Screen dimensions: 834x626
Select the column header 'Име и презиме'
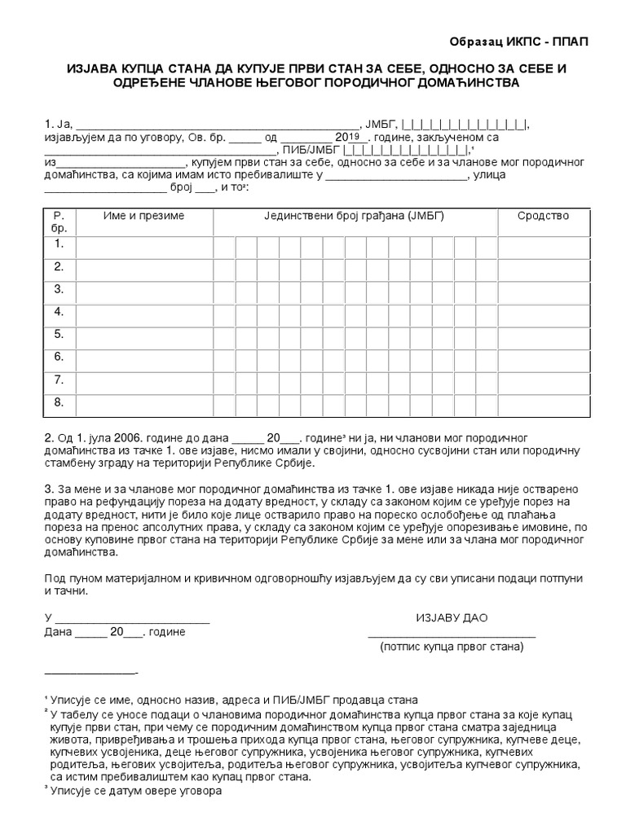[x=143, y=216]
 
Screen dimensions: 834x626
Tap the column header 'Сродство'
[x=543, y=216]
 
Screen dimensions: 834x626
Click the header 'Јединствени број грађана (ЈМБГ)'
[x=354, y=216]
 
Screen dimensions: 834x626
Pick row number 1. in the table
[x=59, y=244]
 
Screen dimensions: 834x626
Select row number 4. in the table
[x=59, y=312]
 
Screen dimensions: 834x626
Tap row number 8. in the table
[x=59, y=402]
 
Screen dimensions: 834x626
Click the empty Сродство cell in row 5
[x=543, y=335]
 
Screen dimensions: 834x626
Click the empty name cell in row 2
[x=143, y=266]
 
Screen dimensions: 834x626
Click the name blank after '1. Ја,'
[x=217, y=125]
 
